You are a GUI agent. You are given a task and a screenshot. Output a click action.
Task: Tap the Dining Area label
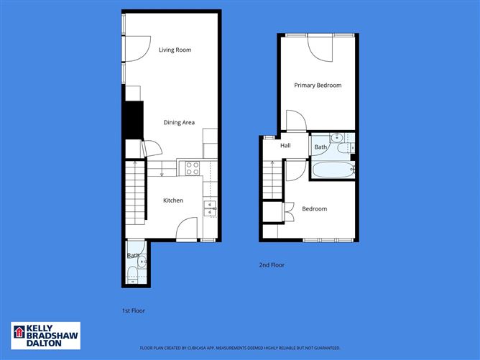tap(179, 122)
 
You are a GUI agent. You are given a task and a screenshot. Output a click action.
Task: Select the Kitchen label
tap(172, 200)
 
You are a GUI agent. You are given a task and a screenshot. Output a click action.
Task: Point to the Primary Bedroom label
tap(318, 85)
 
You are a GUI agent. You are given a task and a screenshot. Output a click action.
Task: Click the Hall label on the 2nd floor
tap(285, 146)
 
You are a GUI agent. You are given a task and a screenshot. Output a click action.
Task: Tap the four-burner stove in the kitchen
tap(193, 168)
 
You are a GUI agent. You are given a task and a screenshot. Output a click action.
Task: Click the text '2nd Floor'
tap(272, 265)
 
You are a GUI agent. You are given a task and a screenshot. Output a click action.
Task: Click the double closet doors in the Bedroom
tap(289, 211)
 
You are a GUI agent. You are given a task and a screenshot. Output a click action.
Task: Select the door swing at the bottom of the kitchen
tap(186, 229)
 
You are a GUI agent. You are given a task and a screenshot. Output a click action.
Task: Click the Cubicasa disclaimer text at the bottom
tap(240, 347)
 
